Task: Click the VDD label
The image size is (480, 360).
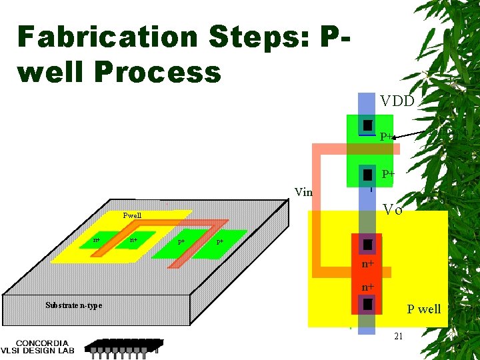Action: [x=397, y=101]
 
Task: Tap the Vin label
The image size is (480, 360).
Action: [x=303, y=192]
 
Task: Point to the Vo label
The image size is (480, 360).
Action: [x=393, y=210]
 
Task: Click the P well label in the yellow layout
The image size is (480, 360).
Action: [x=424, y=309]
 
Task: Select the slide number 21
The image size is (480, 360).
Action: [x=398, y=337]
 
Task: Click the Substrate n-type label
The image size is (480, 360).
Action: [x=74, y=305]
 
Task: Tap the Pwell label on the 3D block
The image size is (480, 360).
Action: [x=132, y=215]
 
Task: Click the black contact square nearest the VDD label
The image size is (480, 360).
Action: [x=367, y=125]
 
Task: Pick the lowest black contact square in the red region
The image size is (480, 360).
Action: [x=367, y=305]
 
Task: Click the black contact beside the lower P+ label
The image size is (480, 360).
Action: [x=367, y=175]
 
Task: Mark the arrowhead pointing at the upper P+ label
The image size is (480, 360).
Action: [x=394, y=137]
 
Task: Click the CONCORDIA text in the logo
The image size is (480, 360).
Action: [x=44, y=343]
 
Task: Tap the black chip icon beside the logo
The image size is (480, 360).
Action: [x=123, y=346]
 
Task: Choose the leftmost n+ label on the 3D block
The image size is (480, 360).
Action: [x=97, y=239]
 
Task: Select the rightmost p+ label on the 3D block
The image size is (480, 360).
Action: [x=220, y=241]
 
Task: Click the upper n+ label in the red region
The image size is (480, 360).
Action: [x=367, y=265]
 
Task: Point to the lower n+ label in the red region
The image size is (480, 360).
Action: [x=367, y=287]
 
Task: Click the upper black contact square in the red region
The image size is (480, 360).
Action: [x=367, y=245]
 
